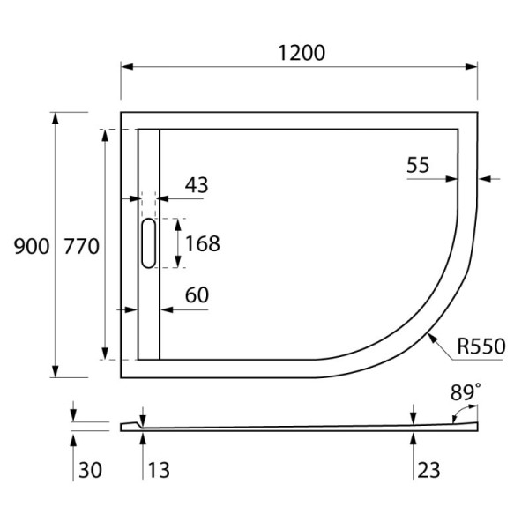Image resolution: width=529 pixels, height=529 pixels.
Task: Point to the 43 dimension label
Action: (x=197, y=185)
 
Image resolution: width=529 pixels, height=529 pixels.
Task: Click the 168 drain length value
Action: (x=202, y=242)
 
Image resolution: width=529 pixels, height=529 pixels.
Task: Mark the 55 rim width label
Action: (x=419, y=164)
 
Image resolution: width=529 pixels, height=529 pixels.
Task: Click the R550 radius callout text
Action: (x=481, y=346)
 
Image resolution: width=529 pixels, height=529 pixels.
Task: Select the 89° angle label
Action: (x=466, y=392)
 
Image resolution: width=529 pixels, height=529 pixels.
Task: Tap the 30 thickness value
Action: (x=90, y=471)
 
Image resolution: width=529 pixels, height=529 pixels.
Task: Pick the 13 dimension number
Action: (x=156, y=471)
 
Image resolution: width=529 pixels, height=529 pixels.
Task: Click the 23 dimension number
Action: (x=428, y=471)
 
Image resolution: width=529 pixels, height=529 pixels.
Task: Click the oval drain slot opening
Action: (x=148, y=242)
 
